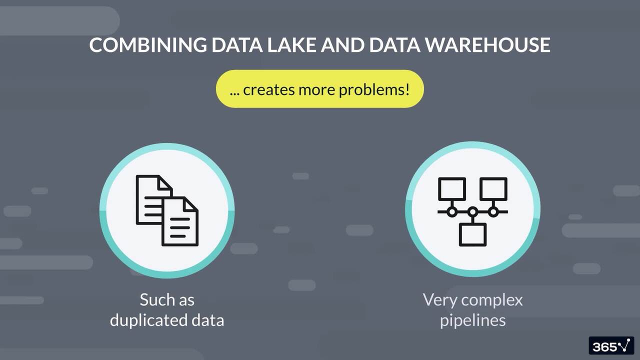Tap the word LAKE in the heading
point(290,45)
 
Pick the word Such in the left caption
point(153,300)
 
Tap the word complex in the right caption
point(492,300)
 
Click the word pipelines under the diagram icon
point(472,320)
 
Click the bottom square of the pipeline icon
point(472,234)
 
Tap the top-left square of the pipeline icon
point(452,189)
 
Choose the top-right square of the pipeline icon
point(493,189)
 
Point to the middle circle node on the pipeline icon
point(472,212)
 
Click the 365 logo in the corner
point(611,346)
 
